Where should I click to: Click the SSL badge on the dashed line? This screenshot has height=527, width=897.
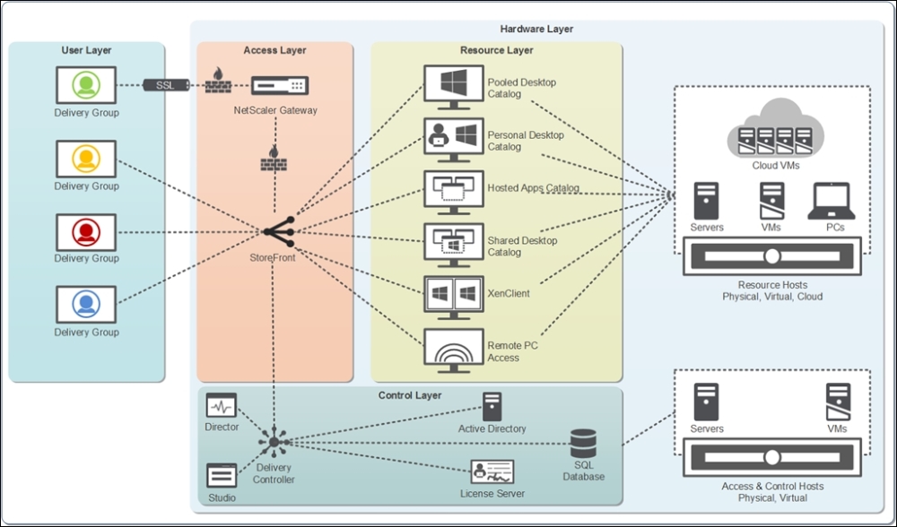coord(165,85)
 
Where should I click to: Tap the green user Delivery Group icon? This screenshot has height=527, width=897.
coord(86,85)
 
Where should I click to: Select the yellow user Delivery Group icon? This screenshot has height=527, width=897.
coord(86,159)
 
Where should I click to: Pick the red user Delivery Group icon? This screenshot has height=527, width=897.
coord(86,232)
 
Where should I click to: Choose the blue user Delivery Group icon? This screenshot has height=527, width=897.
coord(86,305)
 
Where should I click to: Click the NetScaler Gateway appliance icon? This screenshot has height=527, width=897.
coord(280,86)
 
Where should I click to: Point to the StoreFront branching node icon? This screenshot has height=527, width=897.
coord(279,231)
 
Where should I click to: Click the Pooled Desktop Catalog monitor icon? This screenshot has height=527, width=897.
coord(454,88)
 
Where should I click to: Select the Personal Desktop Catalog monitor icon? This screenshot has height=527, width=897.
coord(454,140)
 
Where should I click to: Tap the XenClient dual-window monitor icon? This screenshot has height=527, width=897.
coord(454,298)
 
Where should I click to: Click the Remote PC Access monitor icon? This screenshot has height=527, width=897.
coord(454,350)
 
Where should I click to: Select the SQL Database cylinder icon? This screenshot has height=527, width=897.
coord(584,444)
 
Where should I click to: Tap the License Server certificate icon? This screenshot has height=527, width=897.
coord(492,472)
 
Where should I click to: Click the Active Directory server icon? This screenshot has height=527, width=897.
coord(492,406)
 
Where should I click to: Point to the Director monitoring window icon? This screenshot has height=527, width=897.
coord(222,405)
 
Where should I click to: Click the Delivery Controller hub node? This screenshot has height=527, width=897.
coord(274,443)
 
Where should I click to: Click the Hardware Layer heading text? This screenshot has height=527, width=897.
coord(536,29)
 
